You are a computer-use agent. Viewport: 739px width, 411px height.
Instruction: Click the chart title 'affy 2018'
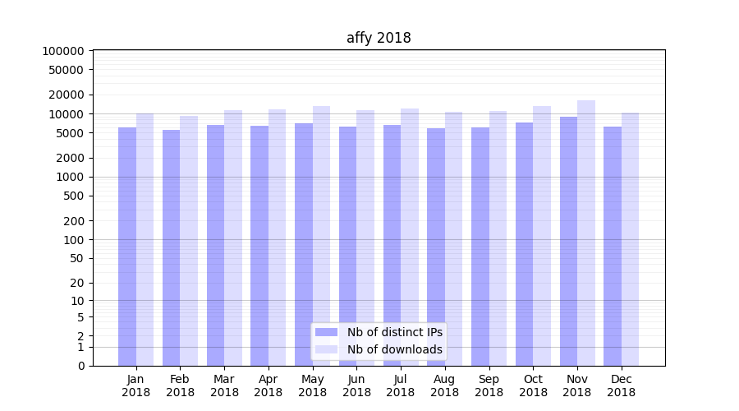click(379, 38)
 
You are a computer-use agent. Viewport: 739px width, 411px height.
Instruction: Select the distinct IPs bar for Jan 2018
click(127, 247)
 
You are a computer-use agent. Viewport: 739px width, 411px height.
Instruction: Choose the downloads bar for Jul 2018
click(410, 238)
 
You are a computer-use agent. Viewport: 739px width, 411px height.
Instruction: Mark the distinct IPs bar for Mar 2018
click(215, 246)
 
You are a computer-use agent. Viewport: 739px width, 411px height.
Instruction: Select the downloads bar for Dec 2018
click(631, 239)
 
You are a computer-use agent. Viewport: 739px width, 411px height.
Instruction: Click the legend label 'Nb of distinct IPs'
click(395, 332)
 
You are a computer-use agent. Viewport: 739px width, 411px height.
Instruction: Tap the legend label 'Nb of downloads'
click(395, 349)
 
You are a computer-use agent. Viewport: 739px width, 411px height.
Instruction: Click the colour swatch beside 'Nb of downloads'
click(327, 349)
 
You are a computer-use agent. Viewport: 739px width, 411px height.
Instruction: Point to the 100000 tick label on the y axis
click(62, 51)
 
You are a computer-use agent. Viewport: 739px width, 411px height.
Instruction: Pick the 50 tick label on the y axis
click(76, 258)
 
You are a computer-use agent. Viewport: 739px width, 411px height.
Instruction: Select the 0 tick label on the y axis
click(80, 366)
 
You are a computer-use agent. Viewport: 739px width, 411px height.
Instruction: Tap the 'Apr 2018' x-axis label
click(269, 386)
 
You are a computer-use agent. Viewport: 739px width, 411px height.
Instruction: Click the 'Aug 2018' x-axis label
click(445, 386)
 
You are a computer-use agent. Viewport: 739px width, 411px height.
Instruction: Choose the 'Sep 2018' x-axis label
click(489, 386)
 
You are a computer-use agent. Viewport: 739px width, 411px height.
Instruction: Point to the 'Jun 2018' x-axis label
click(356, 386)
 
